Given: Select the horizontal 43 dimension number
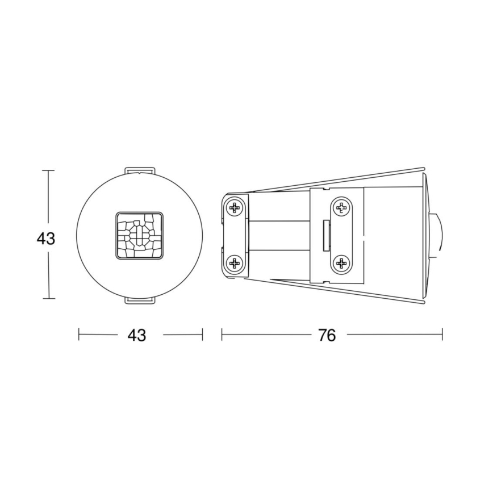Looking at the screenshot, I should coord(136,335).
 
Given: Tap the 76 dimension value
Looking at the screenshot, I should coord(327,335).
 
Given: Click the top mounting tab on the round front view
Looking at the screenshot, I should coord(139,171).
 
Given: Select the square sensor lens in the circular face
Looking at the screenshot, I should coord(139,236).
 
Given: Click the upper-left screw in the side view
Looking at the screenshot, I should coord(234,208).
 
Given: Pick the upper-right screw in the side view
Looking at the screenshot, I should coord(341,208).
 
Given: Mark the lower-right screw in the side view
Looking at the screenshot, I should coord(341,262).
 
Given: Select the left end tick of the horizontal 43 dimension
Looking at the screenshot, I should coord(78,335).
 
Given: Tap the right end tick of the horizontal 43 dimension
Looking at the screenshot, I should coord(202,335).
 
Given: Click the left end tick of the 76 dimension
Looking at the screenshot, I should coord(222,335).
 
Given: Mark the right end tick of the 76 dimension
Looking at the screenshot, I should coord(442,335).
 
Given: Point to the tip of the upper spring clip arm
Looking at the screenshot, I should coord(423,169).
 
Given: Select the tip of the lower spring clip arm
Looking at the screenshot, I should coord(423,302).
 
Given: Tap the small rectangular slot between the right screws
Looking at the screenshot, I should coord(326,235).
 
